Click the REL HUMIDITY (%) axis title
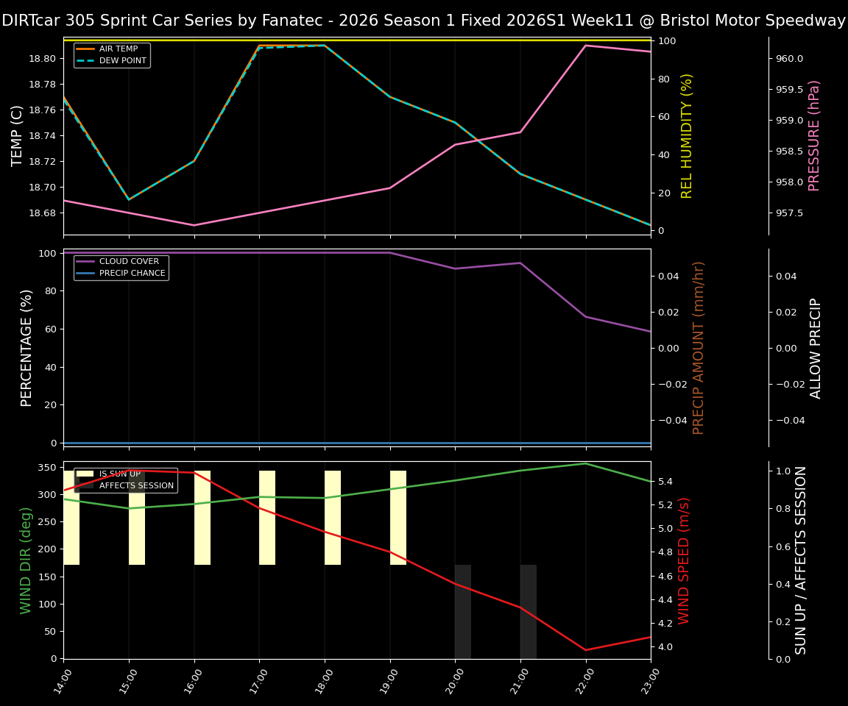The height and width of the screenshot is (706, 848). pyautogui.click(x=687, y=136)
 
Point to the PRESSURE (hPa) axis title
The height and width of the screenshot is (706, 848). pyautogui.click(x=814, y=136)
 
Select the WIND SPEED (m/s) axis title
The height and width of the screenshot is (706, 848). pyautogui.click(x=685, y=560)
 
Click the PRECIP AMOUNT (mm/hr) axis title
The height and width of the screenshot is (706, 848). pyautogui.click(x=699, y=348)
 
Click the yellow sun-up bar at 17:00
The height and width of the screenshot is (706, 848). pyautogui.click(x=267, y=518)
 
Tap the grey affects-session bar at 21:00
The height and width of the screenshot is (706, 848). pyautogui.click(x=529, y=611)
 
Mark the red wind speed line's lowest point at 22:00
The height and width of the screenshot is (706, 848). pyautogui.click(x=586, y=650)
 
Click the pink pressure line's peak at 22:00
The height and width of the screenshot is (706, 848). pyautogui.click(x=586, y=46)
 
